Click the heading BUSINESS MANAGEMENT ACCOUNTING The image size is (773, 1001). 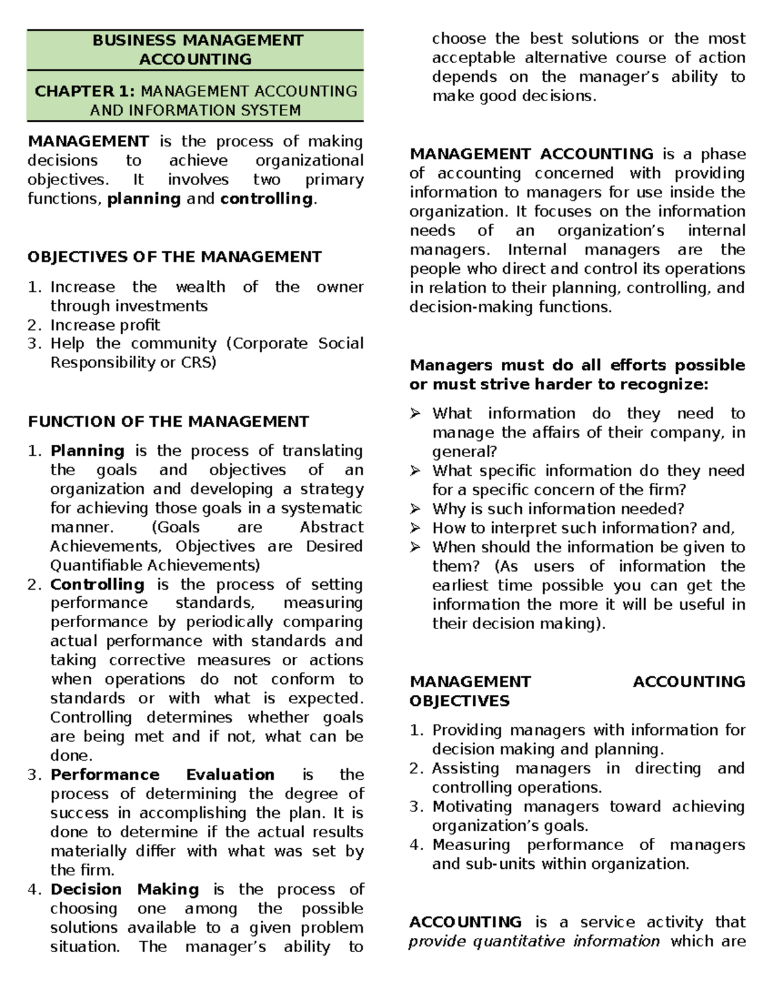[x=195, y=50]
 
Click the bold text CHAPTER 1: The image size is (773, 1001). [x=85, y=91]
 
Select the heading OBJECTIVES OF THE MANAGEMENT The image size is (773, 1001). [x=174, y=257]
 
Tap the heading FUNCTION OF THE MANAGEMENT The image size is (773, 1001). [x=168, y=422]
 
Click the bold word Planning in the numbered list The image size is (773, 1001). [x=88, y=451]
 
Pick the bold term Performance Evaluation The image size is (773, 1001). [x=162, y=774]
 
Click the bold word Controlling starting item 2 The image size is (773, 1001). [x=97, y=584]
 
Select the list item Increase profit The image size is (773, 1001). [x=105, y=325]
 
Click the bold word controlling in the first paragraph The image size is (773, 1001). [x=266, y=199]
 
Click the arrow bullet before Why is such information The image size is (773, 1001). [x=415, y=509]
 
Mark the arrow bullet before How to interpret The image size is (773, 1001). [x=415, y=529]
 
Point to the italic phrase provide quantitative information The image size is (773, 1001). [x=534, y=942]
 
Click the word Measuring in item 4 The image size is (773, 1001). [x=471, y=844]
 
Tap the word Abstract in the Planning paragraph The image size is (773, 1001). [x=331, y=527]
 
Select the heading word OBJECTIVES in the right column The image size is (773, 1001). [x=459, y=701]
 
